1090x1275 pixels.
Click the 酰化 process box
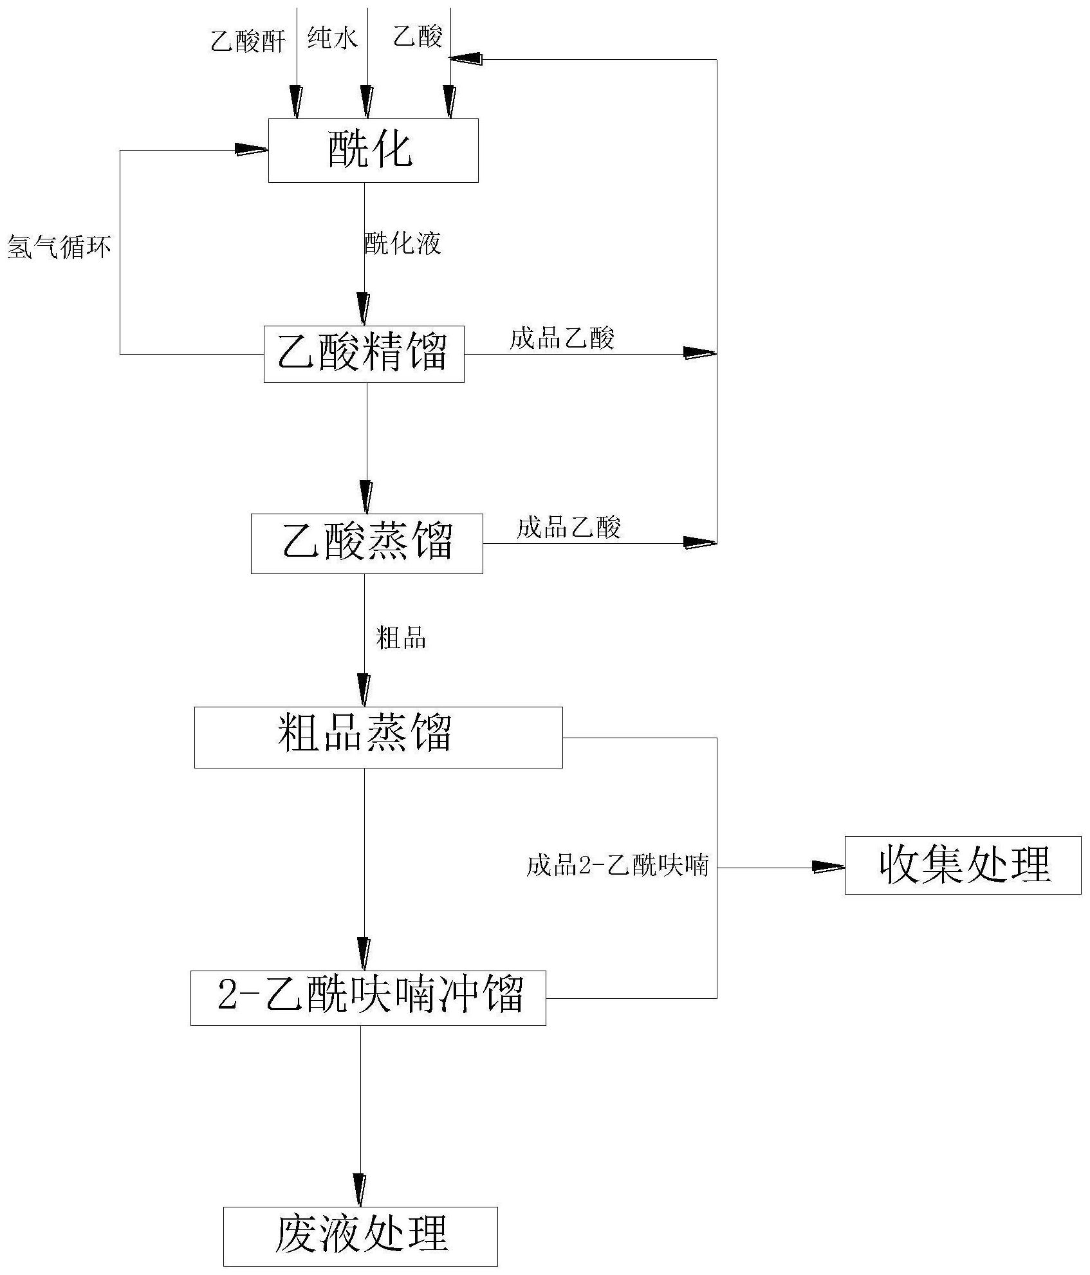pyautogui.click(x=373, y=151)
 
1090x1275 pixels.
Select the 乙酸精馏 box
pyautogui.click(x=364, y=354)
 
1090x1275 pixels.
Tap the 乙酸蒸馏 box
pyautogui.click(x=366, y=543)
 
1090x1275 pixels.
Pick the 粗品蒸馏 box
pyautogui.click(x=378, y=737)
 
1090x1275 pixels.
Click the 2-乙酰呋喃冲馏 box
pyautogui.click(x=368, y=998)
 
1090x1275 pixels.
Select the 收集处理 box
pyautogui.click(x=963, y=865)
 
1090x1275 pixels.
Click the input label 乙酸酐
pyautogui.click(x=248, y=42)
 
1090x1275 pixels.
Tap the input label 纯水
pyautogui.click(x=331, y=39)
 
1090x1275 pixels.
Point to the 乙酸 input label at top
pyautogui.click(x=418, y=37)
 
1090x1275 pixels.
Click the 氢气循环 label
pyautogui.click(x=59, y=247)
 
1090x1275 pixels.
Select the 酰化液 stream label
pyautogui.click(x=402, y=243)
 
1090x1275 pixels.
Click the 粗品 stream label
pyautogui.click(x=401, y=638)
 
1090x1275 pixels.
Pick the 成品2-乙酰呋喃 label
pyautogui.click(x=617, y=865)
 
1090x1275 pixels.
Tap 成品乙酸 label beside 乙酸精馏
pyautogui.click(x=562, y=338)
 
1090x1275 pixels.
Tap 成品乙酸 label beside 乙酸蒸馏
pyautogui.click(x=569, y=528)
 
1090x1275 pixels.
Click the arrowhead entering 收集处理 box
pyautogui.click(x=829, y=867)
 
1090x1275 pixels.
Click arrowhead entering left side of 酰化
pyautogui.click(x=252, y=150)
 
